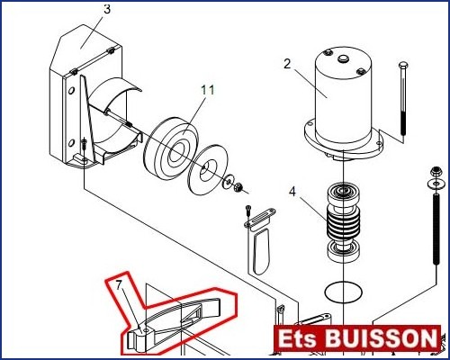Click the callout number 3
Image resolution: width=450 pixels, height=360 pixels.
(107, 9)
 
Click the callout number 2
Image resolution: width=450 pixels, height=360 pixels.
(287, 64)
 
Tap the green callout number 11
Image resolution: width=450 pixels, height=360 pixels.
(208, 90)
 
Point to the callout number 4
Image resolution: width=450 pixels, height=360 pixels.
(292, 192)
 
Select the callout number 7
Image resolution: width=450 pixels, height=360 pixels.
(120, 285)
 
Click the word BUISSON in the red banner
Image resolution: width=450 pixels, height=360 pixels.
(381, 338)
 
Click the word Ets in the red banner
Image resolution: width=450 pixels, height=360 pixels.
(297, 339)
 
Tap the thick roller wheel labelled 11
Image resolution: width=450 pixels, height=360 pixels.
(171, 149)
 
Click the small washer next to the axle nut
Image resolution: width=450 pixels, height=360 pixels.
(228, 181)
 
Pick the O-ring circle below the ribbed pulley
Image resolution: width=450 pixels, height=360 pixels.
(343, 292)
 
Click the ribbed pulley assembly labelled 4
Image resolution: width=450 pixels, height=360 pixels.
(343, 222)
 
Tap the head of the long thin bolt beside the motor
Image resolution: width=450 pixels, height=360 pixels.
(403, 65)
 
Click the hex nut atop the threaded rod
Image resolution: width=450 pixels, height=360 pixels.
(435, 173)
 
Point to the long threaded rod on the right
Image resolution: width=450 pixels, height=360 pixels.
(435, 229)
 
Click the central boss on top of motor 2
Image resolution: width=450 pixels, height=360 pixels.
(342, 58)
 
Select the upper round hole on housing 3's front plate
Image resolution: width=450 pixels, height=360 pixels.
(71, 90)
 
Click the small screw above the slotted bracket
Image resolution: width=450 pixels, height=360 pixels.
(248, 210)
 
